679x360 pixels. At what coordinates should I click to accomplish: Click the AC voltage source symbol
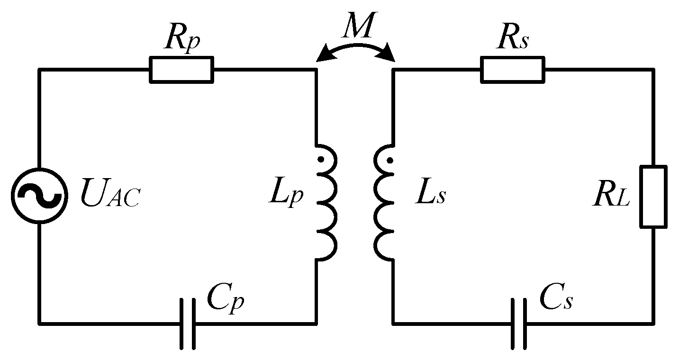click(39, 195)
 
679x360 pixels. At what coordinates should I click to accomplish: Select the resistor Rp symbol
click(181, 70)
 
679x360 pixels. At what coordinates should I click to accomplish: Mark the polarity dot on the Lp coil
click(321, 160)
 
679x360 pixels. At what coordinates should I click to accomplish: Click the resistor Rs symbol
click(512, 70)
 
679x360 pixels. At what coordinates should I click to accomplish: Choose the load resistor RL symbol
click(653, 196)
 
